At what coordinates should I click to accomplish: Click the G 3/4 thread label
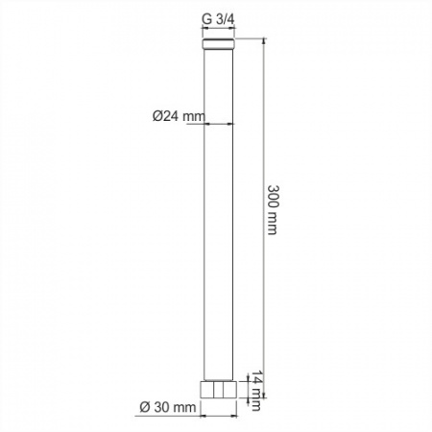218,20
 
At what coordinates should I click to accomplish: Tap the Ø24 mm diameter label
179,116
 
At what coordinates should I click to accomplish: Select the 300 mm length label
272,209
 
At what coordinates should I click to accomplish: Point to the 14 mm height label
256,391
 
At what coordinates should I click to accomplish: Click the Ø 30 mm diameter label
168,407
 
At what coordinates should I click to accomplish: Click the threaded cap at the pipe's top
219,44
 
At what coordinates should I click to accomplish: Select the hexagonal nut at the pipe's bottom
219,390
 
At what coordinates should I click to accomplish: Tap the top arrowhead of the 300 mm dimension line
264,40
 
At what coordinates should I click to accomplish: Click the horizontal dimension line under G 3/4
219,28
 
